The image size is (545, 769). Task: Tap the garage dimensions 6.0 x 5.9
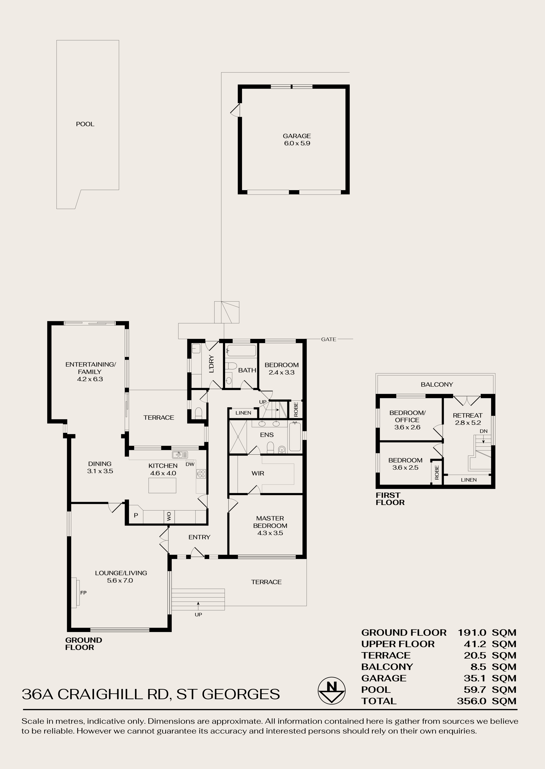tap(297, 143)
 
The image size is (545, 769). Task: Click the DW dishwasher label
tap(190, 464)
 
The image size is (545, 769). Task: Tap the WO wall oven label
tap(169, 517)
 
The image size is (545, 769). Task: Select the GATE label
tap(328, 339)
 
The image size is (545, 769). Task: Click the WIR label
tap(258, 473)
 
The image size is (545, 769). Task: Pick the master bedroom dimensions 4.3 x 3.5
tap(270, 533)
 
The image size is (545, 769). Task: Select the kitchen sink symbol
tap(180, 455)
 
